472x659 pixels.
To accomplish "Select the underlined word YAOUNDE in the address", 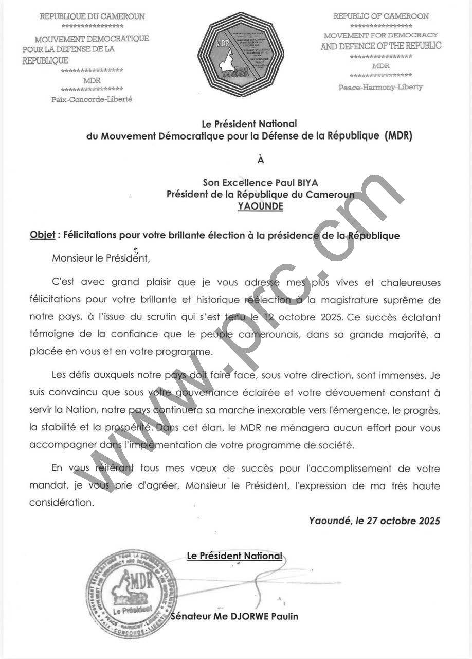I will [260, 206].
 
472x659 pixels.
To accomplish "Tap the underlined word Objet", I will [42, 236].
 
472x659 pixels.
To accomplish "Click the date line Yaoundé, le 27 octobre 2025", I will [374, 521].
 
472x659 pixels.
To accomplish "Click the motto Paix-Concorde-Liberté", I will [92, 99].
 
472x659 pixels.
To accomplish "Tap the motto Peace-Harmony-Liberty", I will [380, 87].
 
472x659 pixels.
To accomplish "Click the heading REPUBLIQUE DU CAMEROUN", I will [93, 16].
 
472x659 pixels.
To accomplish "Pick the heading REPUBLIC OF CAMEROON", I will [381, 16].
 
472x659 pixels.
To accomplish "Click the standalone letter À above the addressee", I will [260, 160].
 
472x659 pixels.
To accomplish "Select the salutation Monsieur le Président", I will [101, 258].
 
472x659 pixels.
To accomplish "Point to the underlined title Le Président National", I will [234, 556].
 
